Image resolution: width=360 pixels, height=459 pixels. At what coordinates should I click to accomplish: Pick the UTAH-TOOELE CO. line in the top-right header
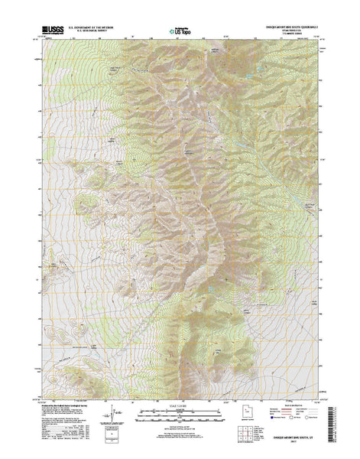coord(289,30)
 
